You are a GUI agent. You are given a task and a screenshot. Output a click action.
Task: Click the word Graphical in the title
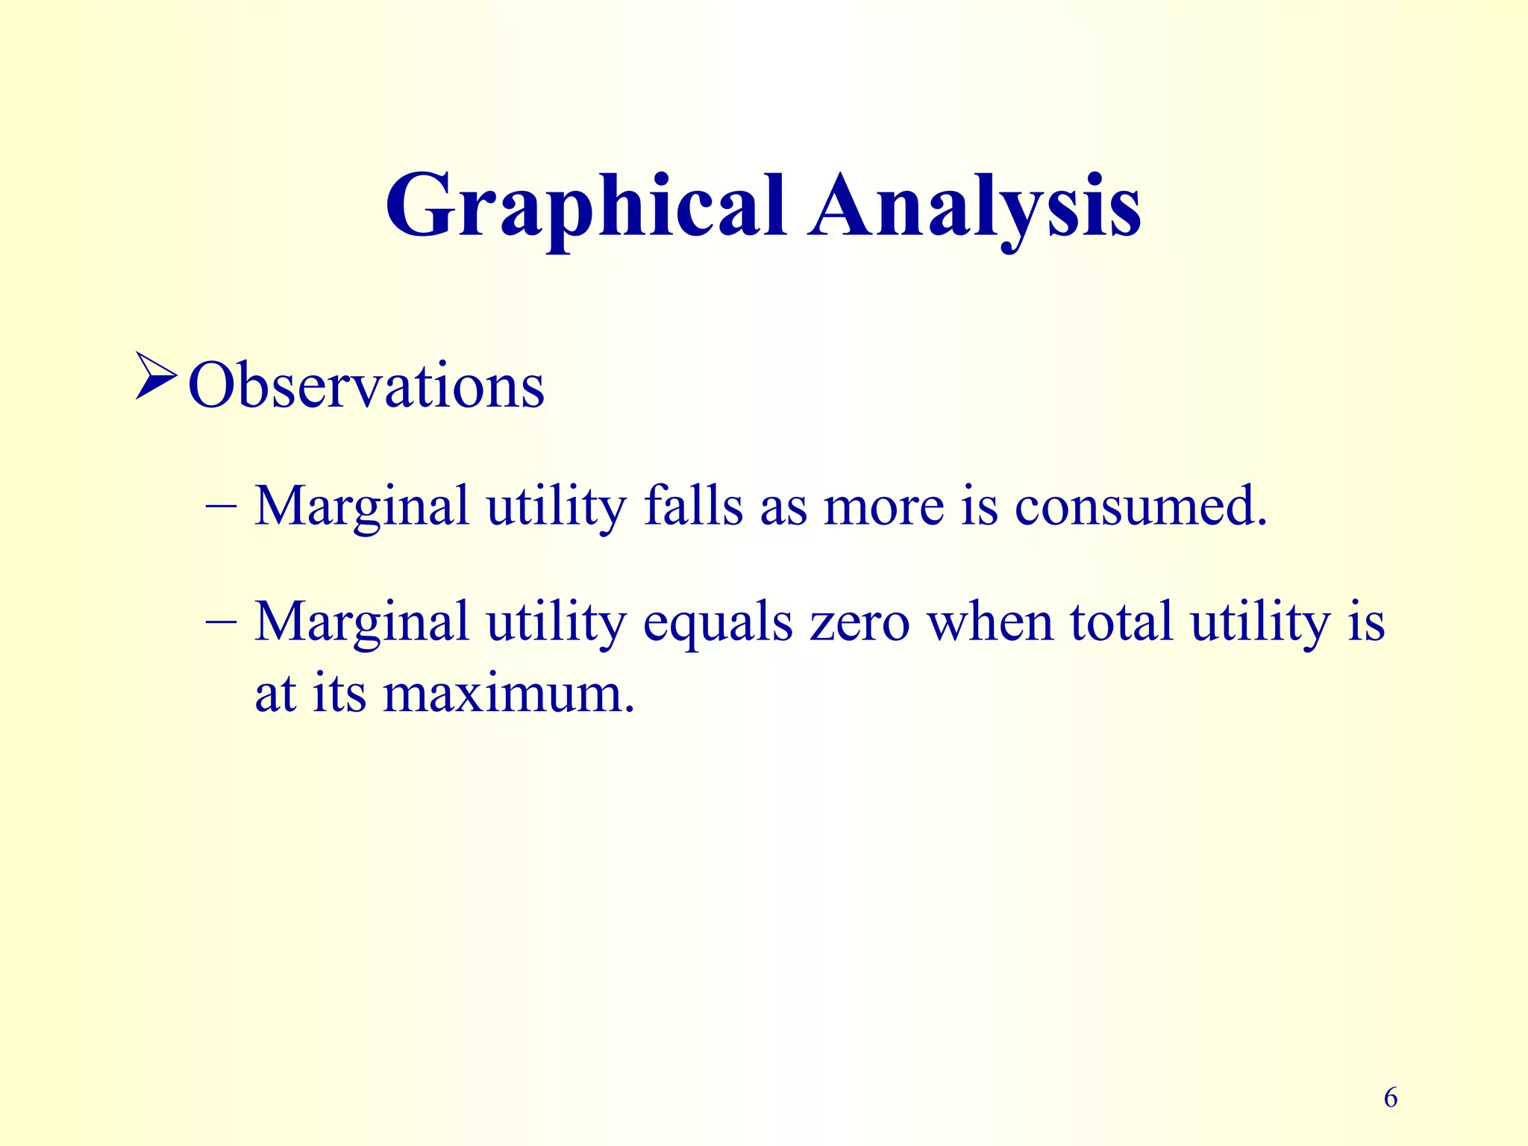[x=584, y=207]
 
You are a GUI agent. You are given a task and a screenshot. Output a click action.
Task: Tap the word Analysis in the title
[x=975, y=207]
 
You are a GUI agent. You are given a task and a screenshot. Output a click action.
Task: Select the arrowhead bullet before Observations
[x=156, y=375]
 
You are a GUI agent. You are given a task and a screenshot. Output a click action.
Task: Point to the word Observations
[x=366, y=386]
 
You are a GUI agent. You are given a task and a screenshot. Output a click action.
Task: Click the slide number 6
[x=1390, y=1098]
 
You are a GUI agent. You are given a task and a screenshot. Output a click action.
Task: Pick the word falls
[x=693, y=506]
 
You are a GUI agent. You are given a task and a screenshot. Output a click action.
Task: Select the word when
[x=989, y=621]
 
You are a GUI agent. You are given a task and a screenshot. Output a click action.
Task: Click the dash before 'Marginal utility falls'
[x=220, y=507]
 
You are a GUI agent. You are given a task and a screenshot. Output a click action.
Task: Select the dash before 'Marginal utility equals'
[x=220, y=621]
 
